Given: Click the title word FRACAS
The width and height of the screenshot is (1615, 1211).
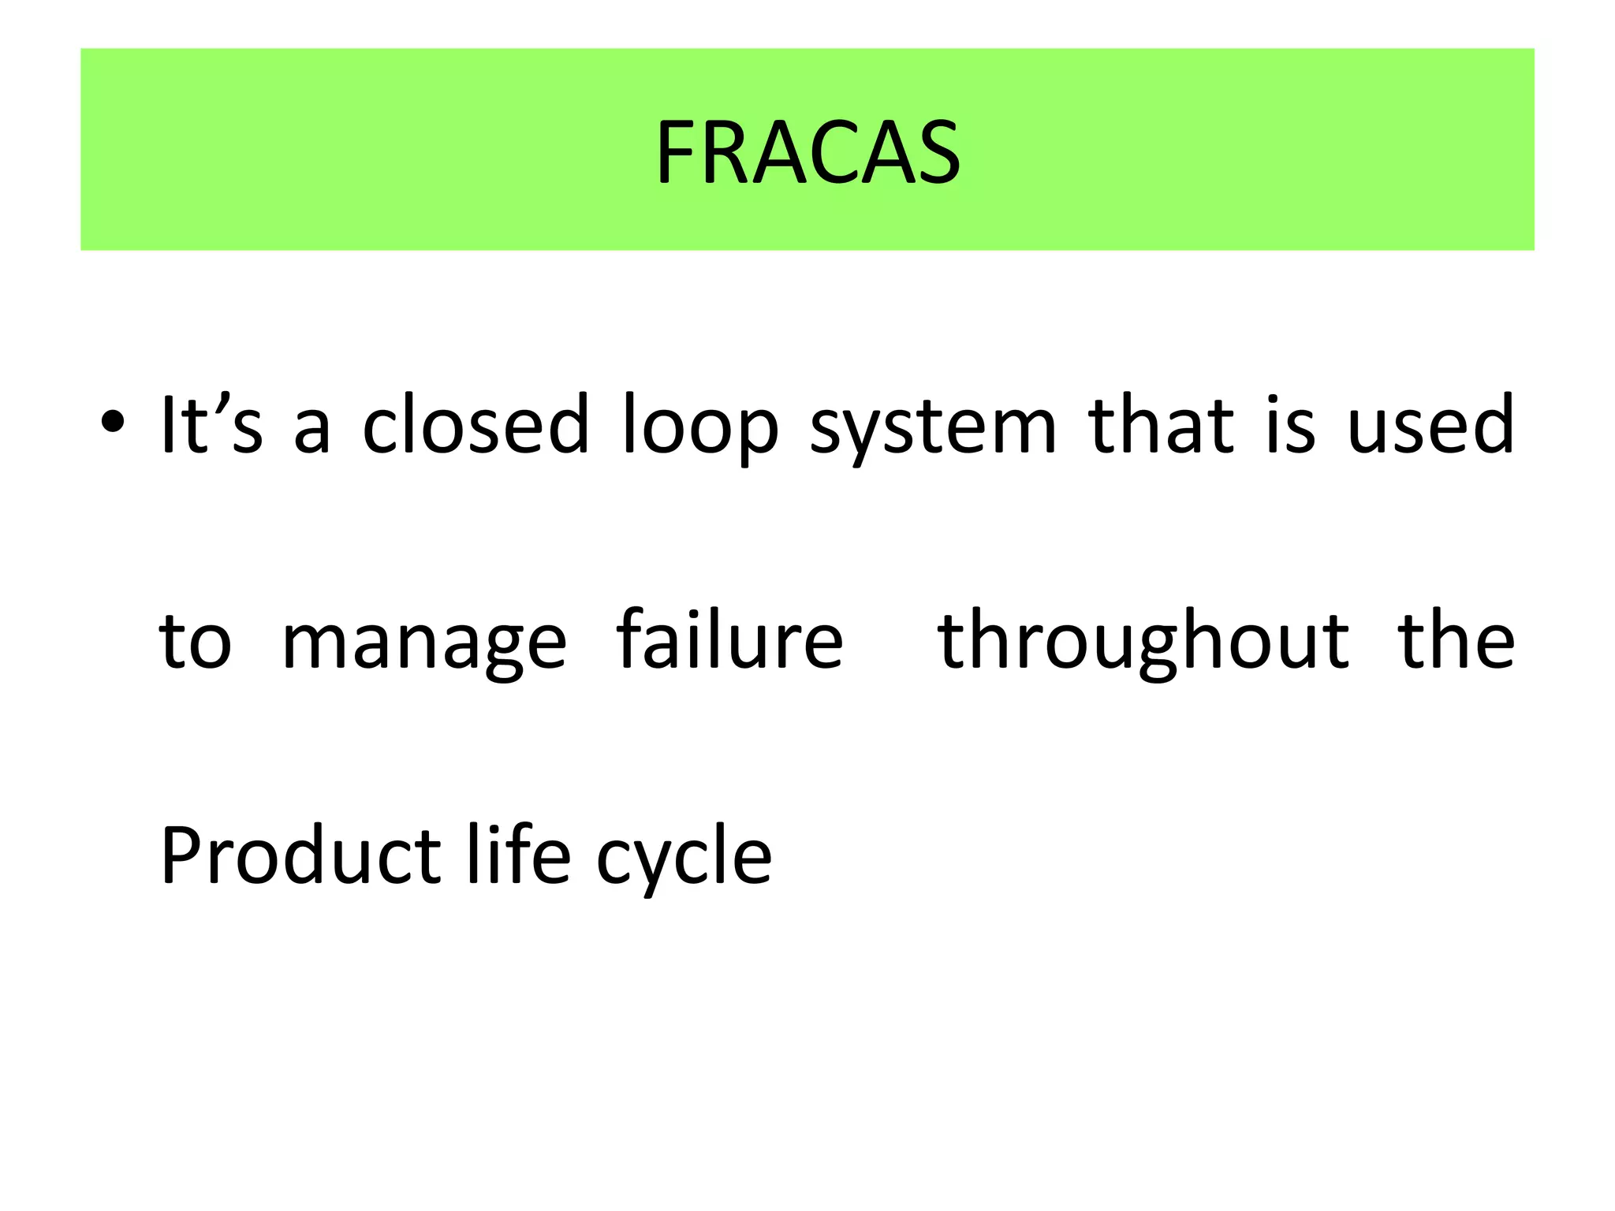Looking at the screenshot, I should pyautogui.click(x=807, y=152).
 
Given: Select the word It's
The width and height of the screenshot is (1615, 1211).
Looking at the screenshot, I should pyautogui.click(x=211, y=425).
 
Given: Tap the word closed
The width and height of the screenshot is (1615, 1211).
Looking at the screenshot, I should pyautogui.click(x=476, y=425).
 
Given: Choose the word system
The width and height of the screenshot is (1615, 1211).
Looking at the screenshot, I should pyautogui.click(x=933, y=430).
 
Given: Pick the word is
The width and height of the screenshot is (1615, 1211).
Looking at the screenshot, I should pyautogui.click(x=1291, y=425).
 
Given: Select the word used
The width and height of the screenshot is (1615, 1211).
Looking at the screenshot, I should pyautogui.click(x=1430, y=425).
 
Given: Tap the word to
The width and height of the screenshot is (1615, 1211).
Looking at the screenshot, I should pyautogui.click(x=195, y=641).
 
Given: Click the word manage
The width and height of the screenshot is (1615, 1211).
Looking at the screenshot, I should pyautogui.click(x=424, y=643).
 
